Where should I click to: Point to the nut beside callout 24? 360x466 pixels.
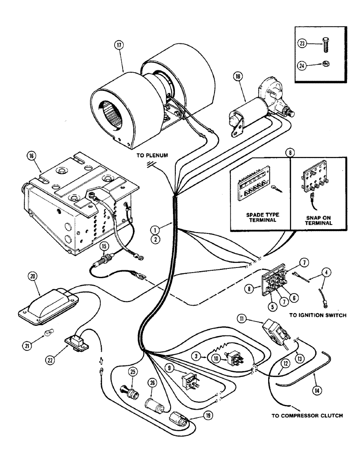(x=321, y=65)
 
